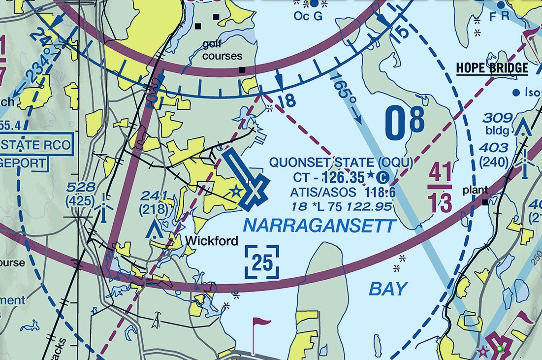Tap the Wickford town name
pyautogui.click(x=212, y=241)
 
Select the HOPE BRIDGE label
pyautogui.click(x=492, y=68)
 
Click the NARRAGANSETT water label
pyautogui.click(x=319, y=226)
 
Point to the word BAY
pyautogui.click(x=388, y=289)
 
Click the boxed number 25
pyautogui.click(x=262, y=262)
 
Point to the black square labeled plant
pyautogui.click(x=485, y=202)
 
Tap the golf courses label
pyautogui.click(x=223, y=50)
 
